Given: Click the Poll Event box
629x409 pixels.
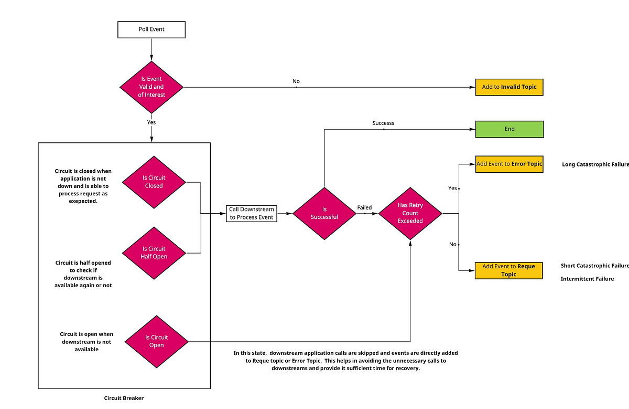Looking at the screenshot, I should (x=151, y=29).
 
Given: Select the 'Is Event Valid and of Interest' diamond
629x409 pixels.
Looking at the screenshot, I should (x=151, y=87).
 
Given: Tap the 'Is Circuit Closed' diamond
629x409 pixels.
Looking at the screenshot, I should (x=154, y=182).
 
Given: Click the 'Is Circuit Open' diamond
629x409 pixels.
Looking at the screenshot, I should (x=156, y=341).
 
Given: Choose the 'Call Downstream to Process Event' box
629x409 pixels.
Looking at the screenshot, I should (x=252, y=213).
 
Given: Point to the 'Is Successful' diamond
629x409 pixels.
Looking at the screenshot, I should (x=324, y=213).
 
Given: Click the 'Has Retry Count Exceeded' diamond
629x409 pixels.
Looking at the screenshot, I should (x=410, y=213).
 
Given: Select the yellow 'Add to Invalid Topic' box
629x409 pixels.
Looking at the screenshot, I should (x=509, y=87).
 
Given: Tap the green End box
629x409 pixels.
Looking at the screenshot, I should (x=509, y=129).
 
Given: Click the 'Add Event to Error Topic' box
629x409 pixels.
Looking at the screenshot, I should (x=509, y=164).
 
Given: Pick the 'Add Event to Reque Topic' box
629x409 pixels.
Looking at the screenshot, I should (x=508, y=270).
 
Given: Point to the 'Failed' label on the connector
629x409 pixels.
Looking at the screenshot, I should (x=364, y=208).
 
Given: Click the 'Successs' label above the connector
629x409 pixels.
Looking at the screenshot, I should (x=383, y=123).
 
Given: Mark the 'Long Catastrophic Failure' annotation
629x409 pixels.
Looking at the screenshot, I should (x=595, y=164).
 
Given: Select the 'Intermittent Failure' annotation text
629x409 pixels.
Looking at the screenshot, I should (x=587, y=279).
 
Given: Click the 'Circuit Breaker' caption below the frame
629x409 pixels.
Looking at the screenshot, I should (x=124, y=398).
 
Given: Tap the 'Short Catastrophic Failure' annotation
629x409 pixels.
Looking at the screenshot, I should (x=594, y=266).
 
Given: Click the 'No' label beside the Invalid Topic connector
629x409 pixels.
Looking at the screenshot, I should (x=296, y=81).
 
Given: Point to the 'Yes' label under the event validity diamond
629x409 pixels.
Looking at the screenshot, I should (x=151, y=122).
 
